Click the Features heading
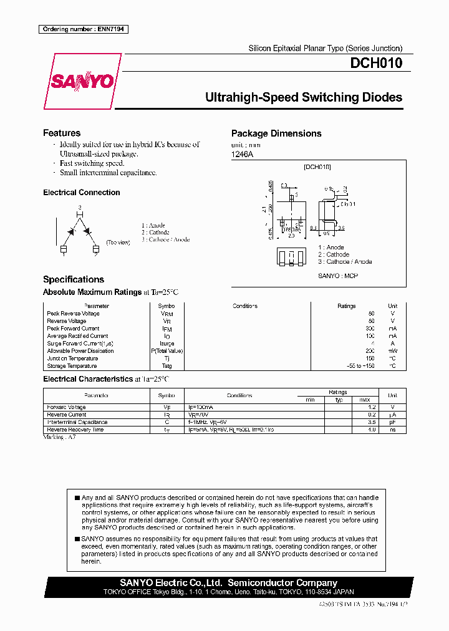[x=62, y=133]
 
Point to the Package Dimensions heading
[x=276, y=133]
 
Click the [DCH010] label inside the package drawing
[x=317, y=167]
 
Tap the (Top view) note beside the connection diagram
[x=117, y=242]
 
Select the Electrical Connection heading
[x=82, y=193]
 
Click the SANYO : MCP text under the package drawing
[x=338, y=276]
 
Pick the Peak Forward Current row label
[x=73, y=329]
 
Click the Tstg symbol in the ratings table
[x=167, y=366]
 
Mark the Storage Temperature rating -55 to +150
[x=361, y=366]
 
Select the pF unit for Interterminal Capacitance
[x=392, y=422]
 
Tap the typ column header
[x=339, y=400]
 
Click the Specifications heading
[x=74, y=279]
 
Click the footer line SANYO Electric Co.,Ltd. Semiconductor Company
[x=229, y=583]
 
